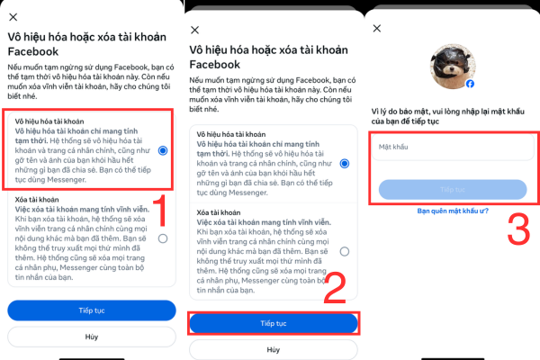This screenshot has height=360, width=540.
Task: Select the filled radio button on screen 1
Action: pyautogui.click(x=163, y=151)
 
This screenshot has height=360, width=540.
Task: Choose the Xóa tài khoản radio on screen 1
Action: pyautogui.click(x=163, y=238)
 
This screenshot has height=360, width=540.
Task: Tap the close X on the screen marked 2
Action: pyautogui.click(x=195, y=55)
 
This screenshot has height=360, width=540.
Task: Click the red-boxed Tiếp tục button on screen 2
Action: pyautogui.click(x=273, y=322)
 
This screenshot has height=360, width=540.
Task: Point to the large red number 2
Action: pyautogui.click(x=334, y=289)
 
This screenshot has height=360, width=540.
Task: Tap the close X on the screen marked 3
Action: pyautogui.click(x=377, y=28)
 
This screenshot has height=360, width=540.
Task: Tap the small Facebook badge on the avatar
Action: pyautogui.click(x=470, y=84)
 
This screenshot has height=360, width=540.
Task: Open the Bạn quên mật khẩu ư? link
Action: pyautogui.click(x=453, y=211)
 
